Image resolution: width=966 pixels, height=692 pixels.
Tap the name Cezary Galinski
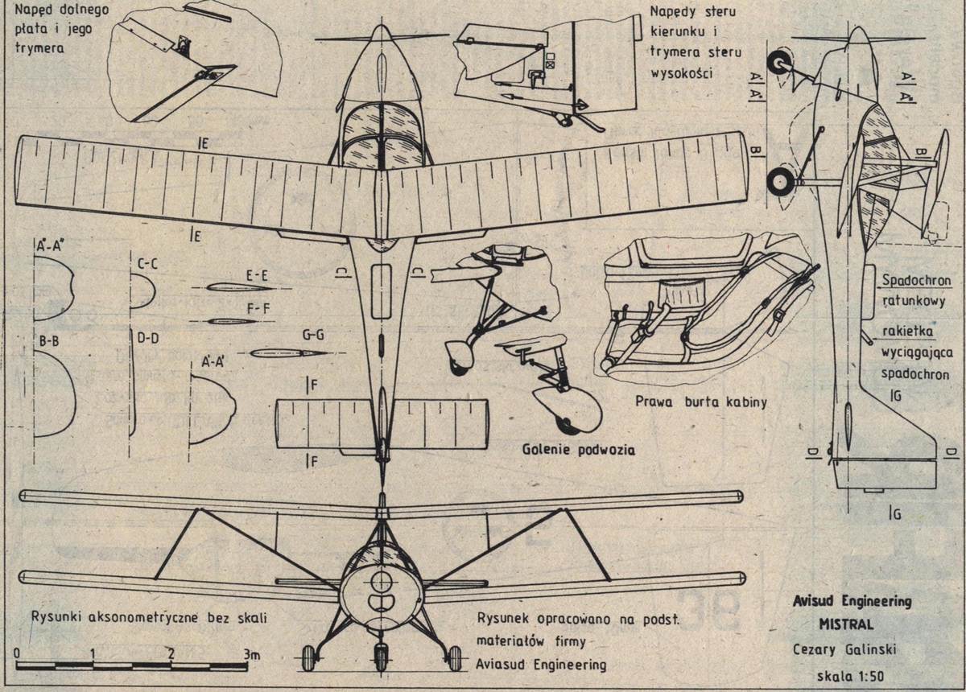coord(852,649)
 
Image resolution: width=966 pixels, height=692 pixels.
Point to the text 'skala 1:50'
coord(852,674)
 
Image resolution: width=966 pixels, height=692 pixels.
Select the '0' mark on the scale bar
coord(17,653)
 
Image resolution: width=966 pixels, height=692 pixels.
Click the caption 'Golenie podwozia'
coord(577,450)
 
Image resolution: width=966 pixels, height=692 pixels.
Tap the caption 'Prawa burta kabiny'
coord(700,402)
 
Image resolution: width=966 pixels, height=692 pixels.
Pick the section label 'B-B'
coord(48,341)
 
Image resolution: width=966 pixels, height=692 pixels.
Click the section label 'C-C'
coord(147,262)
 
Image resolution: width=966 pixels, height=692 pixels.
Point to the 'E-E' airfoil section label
coord(257,274)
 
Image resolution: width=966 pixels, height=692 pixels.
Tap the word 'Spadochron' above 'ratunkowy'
coord(916,281)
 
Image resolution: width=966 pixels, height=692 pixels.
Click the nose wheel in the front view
coord(381,657)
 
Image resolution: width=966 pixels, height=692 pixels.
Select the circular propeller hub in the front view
coord(381,580)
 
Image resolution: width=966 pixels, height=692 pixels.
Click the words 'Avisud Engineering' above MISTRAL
coord(852,601)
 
